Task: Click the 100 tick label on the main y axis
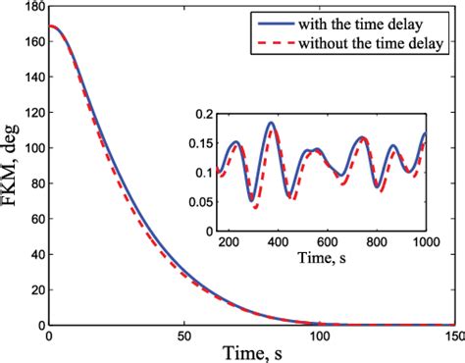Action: pos(31,149)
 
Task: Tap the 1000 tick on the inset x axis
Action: pos(424,241)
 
